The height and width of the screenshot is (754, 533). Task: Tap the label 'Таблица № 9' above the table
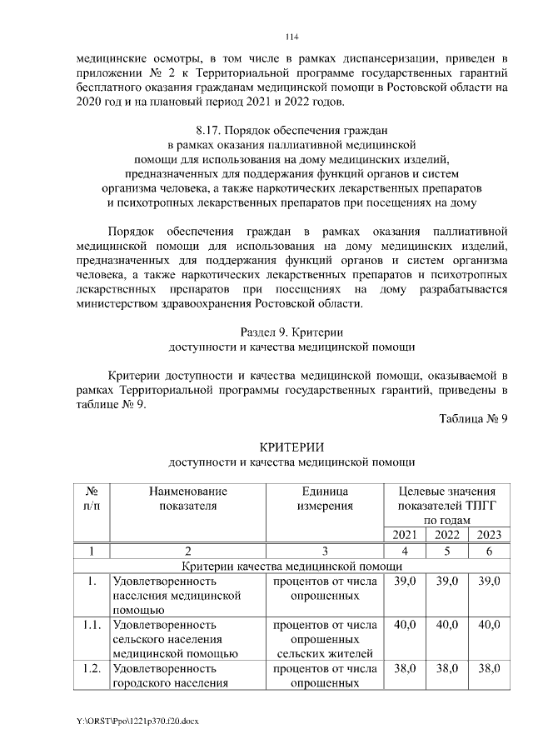(x=473, y=417)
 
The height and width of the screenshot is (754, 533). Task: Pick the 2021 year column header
(x=402, y=534)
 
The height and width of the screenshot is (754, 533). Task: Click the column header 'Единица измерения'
(x=325, y=498)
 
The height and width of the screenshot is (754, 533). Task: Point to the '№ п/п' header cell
(x=93, y=498)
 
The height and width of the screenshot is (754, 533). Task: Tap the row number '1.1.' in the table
(x=93, y=624)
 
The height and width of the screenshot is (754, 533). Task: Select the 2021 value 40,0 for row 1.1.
(x=402, y=624)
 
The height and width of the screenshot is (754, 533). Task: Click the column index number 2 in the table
(x=188, y=550)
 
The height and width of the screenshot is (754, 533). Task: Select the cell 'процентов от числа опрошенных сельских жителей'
(x=325, y=638)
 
